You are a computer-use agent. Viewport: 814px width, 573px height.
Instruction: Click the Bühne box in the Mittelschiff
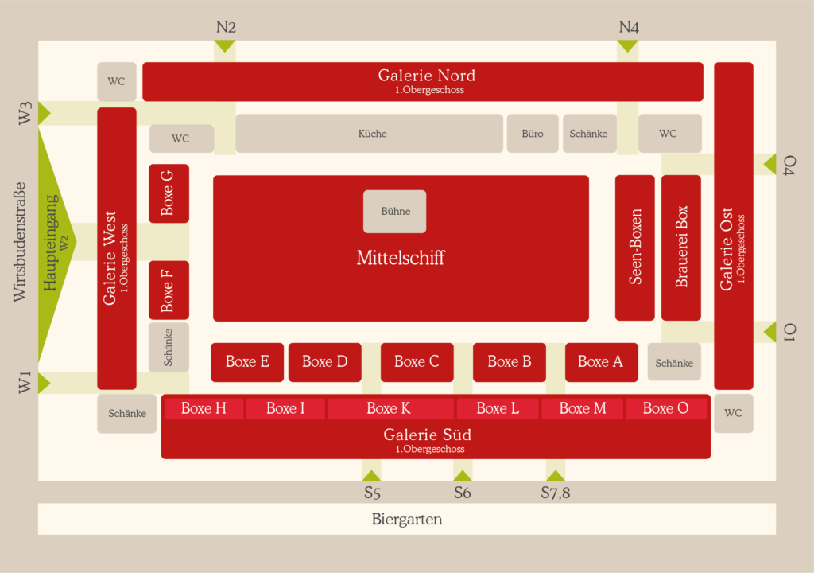394,211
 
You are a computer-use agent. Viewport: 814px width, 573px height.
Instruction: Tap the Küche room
369,134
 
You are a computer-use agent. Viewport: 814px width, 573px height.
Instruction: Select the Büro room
533,134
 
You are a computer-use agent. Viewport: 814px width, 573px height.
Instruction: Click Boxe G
169,193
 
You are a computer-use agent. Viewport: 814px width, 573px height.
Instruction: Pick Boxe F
169,290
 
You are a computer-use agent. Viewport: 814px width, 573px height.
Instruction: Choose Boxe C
417,362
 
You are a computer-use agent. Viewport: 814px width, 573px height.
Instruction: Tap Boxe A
601,362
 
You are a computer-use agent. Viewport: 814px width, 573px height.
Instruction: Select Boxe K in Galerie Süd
390,409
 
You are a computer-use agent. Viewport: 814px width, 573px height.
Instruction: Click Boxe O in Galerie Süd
666,409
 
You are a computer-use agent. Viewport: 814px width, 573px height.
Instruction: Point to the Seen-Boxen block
635,248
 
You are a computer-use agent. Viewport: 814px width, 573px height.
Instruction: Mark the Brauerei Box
681,248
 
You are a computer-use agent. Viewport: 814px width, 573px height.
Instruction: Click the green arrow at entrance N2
225,46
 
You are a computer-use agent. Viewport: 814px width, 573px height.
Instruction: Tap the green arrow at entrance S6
463,476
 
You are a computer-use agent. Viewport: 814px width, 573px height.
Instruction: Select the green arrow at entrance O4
770,164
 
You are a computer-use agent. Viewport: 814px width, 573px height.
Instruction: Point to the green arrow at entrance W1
45,383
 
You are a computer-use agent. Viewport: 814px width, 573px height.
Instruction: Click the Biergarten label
407,520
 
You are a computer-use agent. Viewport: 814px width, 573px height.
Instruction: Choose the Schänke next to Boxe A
674,362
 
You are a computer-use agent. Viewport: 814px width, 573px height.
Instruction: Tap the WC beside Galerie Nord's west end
117,82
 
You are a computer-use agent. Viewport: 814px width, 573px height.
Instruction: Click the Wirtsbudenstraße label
19,242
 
